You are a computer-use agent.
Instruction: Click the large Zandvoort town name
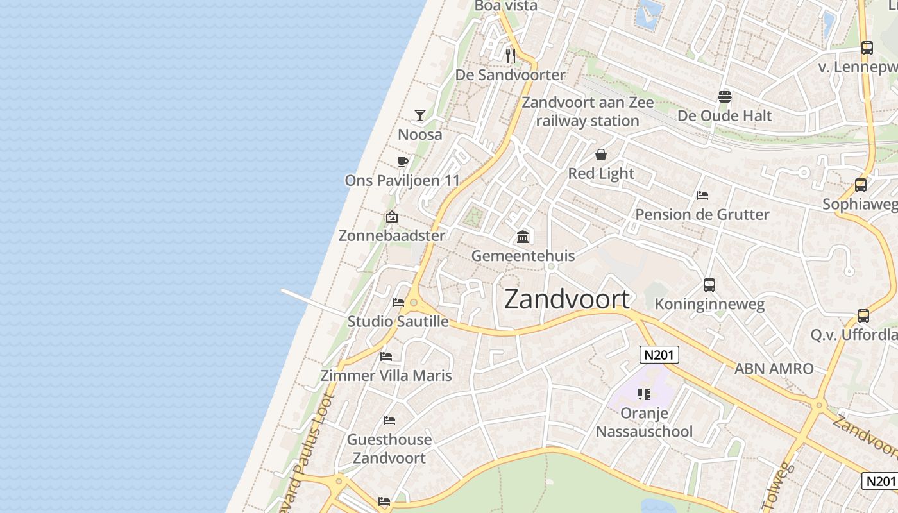point(567,299)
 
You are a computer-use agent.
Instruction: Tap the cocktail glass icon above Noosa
point(420,115)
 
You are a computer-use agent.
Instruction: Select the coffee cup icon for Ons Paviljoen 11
point(403,162)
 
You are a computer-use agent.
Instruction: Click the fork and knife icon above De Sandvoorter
point(511,56)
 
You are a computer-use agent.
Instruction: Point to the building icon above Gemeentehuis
point(523,237)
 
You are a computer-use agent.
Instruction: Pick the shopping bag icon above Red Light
point(601,155)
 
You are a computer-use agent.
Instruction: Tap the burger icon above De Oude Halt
point(725,97)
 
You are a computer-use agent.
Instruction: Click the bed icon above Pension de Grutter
point(702,196)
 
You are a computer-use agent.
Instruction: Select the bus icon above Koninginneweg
point(709,285)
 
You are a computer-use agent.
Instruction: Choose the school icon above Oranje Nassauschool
point(644,394)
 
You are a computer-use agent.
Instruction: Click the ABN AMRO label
point(774,369)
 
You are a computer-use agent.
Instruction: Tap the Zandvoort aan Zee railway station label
point(588,112)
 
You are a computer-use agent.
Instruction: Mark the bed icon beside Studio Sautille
point(398,303)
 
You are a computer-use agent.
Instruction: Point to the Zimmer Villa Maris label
point(386,376)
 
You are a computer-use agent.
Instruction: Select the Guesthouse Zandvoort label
point(389,449)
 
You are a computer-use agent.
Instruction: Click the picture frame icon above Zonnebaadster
point(392,217)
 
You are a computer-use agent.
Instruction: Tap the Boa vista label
point(506,6)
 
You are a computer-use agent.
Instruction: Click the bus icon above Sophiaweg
point(861,185)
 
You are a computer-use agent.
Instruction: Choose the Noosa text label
point(420,135)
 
